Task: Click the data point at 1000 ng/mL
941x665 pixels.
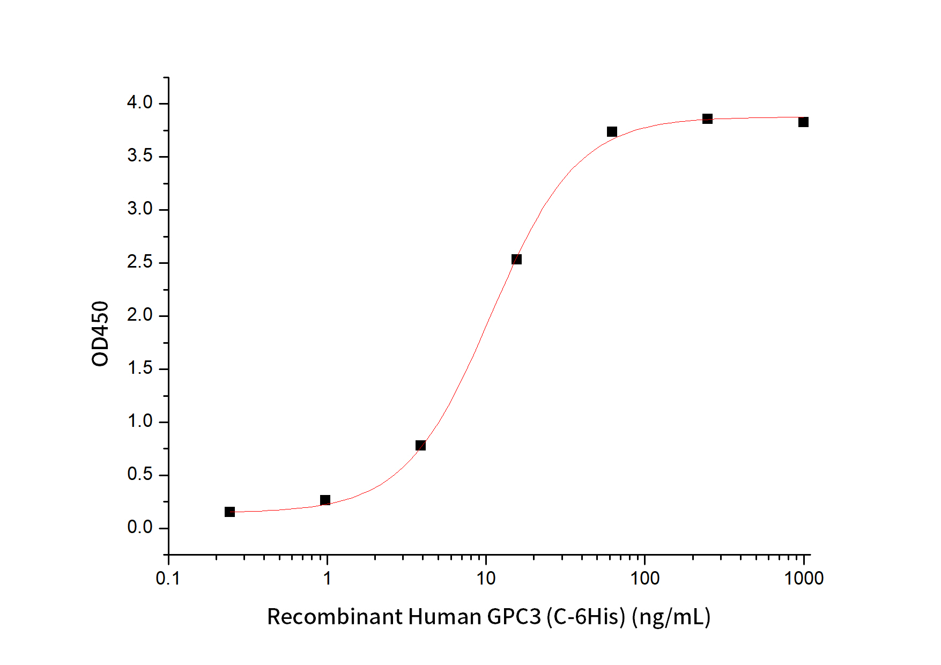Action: pos(803,122)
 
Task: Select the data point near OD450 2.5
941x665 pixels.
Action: pos(516,260)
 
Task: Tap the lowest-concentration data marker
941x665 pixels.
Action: pos(229,512)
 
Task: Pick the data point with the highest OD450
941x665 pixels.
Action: pos(707,119)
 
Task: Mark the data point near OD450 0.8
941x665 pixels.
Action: pos(420,446)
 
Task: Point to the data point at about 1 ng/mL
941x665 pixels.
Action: pos(325,500)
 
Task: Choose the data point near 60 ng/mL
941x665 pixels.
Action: pos(612,132)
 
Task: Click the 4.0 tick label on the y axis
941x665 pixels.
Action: pos(139,102)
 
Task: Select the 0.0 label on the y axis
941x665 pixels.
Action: pos(139,527)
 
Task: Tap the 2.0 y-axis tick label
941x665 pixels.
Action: pos(139,315)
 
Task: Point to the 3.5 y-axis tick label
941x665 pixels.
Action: pos(139,156)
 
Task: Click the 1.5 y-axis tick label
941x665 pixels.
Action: pos(139,368)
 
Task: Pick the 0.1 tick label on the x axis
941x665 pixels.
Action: pos(168,579)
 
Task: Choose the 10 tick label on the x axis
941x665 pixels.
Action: pos(486,579)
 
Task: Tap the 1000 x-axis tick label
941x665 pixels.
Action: pos(804,579)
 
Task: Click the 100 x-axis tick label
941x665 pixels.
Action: pos(644,579)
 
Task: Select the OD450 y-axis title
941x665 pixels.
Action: pos(100,334)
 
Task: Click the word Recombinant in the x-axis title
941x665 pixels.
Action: pos(335,617)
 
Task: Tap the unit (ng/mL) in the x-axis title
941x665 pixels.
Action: pos(671,617)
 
